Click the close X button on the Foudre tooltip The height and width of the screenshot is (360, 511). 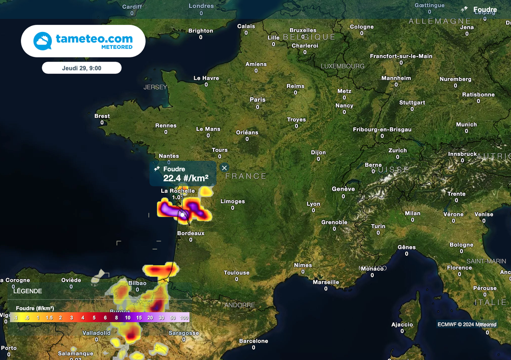click(225, 168)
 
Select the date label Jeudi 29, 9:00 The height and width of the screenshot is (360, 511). click(81, 68)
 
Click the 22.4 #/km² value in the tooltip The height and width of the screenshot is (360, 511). click(186, 178)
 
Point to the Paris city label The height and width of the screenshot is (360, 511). click(257, 100)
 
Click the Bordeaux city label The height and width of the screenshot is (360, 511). click(191, 233)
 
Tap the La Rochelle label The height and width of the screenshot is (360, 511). click(178, 191)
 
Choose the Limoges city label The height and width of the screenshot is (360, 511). click(233, 201)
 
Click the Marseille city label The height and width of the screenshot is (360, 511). click(326, 282)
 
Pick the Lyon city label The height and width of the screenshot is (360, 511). click(313, 204)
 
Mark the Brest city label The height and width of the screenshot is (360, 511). click(102, 116)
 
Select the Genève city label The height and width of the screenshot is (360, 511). click(343, 189)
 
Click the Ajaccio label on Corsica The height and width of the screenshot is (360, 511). click(402, 325)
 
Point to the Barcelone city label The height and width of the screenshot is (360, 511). click(253, 341)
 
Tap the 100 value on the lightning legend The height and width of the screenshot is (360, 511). click(184, 318)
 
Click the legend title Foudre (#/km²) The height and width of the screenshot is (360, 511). click(35, 308)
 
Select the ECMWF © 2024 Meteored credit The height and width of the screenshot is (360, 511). click(467, 325)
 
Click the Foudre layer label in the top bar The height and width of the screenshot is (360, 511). click(485, 9)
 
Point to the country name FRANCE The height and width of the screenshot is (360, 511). click(246, 176)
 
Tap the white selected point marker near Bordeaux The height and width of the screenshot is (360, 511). click(183, 215)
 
